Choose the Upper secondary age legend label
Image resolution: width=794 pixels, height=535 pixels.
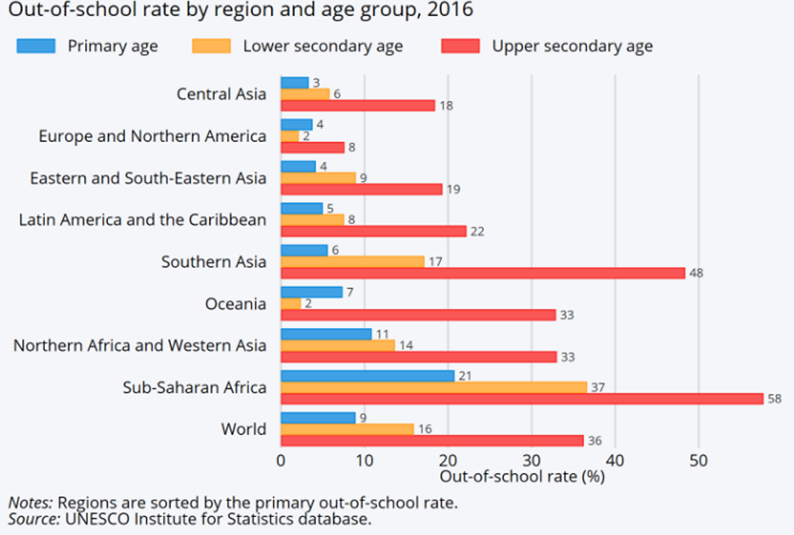[x=572, y=45]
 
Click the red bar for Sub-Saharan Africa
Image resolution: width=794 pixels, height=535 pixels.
[x=521, y=398]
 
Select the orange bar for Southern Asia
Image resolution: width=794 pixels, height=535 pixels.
[x=352, y=262]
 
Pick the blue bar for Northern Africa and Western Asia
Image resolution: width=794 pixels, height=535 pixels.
[x=326, y=334]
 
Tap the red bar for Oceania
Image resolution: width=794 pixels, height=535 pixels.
[x=417, y=315]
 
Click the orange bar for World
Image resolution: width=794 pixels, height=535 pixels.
[x=347, y=429]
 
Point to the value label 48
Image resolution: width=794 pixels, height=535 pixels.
[x=696, y=273]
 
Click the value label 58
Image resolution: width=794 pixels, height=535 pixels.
[x=774, y=398]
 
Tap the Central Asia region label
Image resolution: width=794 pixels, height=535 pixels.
[x=221, y=94]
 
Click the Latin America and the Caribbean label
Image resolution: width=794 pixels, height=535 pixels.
[x=143, y=220]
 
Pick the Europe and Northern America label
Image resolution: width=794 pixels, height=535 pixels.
[x=152, y=136]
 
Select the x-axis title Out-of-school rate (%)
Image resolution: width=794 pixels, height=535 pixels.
[x=523, y=477]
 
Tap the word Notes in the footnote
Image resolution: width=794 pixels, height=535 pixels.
[x=30, y=502]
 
